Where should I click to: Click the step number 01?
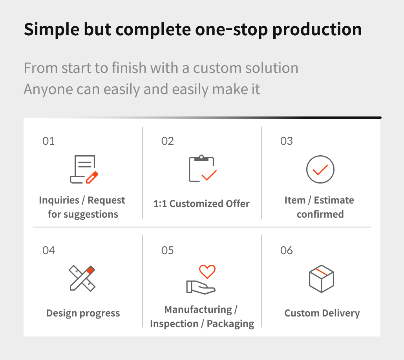point(48,141)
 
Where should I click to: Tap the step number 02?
point(168,141)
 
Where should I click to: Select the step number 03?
point(287,141)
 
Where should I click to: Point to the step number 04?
point(49,250)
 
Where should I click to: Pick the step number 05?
point(168,250)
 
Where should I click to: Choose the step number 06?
point(287,250)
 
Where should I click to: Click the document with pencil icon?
point(84,169)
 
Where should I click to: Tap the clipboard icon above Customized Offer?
point(203,169)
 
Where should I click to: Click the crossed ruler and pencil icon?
point(82,278)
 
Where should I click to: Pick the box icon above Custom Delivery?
point(321,279)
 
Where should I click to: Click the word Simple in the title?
point(51,29)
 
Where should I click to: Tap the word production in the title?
point(317,29)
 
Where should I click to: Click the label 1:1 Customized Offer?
point(201,204)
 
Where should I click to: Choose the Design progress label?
point(83,313)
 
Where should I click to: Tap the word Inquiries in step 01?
point(59,200)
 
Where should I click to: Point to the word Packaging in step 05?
point(230,324)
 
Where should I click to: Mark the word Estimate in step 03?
point(334,200)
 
